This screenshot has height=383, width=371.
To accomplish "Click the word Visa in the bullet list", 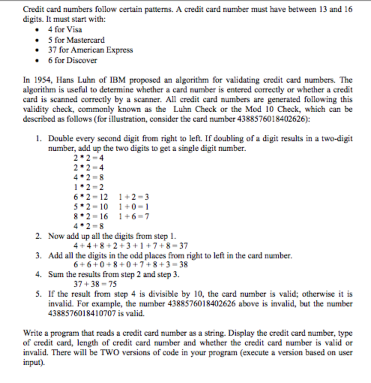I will tap(75, 30).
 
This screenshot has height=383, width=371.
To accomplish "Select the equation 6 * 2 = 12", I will tap(91, 197).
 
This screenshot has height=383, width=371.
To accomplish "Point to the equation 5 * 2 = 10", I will tap(91, 207).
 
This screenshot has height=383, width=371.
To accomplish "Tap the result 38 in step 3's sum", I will tap(183, 265).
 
